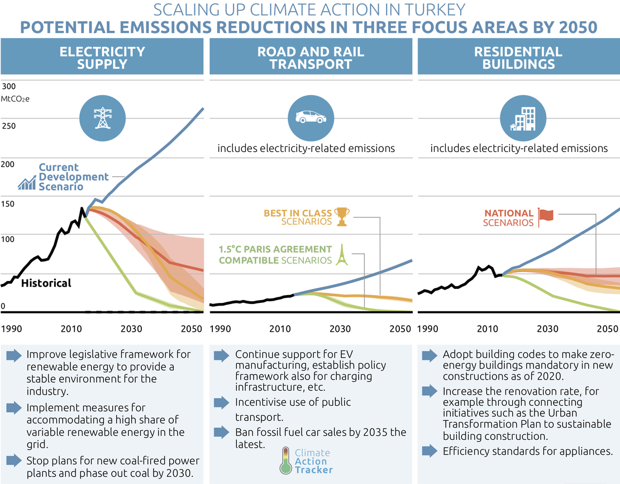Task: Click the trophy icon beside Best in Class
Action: point(342,216)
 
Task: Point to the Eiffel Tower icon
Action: point(342,255)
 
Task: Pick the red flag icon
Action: point(546,217)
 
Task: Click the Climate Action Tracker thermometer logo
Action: point(285,461)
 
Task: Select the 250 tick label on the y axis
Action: point(9,125)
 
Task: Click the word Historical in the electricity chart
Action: point(46,283)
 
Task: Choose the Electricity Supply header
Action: point(102,58)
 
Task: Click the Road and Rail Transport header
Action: point(311,58)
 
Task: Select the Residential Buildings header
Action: point(518,58)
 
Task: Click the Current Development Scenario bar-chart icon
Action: point(26,182)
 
